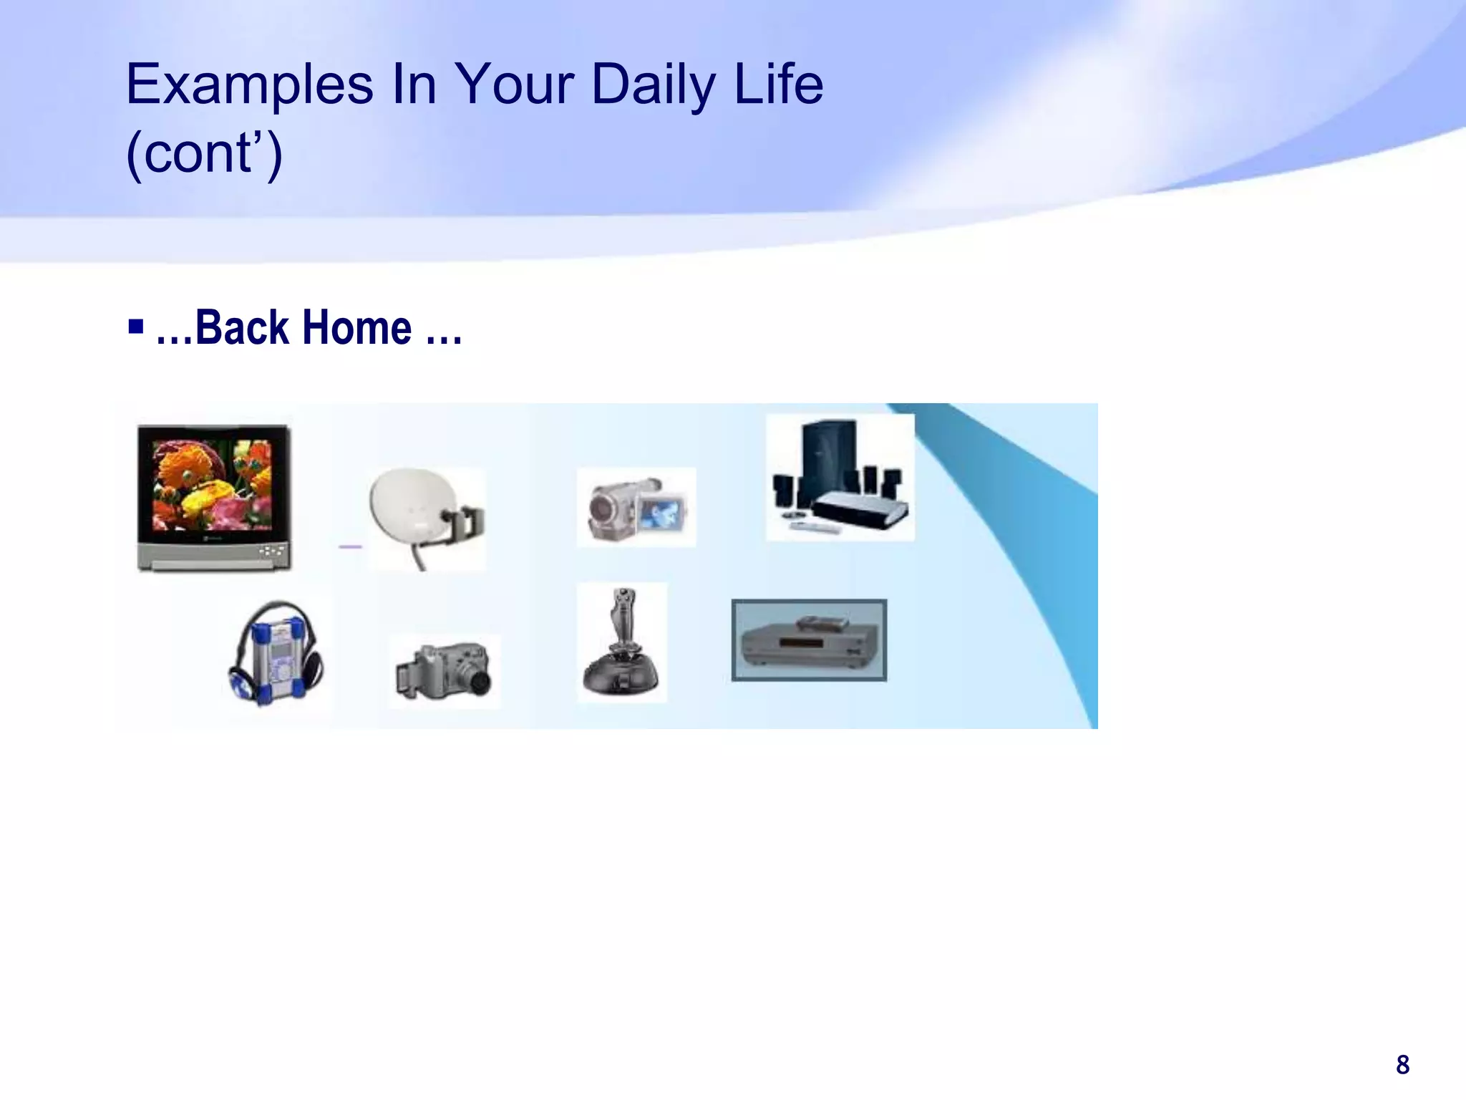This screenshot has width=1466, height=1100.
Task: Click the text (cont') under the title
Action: point(205,153)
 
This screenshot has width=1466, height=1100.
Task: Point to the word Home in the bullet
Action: point(356,328)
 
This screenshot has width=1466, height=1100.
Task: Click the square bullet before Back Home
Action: point(136,328)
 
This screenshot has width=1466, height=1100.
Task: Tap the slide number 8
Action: point(1402,1065)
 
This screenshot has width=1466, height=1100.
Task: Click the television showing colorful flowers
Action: point(214,497)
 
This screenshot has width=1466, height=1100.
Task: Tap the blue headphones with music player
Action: point(276,653)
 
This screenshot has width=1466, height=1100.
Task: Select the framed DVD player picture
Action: point(809,640)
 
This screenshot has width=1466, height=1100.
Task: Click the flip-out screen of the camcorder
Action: point(663,511)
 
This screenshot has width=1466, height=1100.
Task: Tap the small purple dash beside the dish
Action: point(350,546)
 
